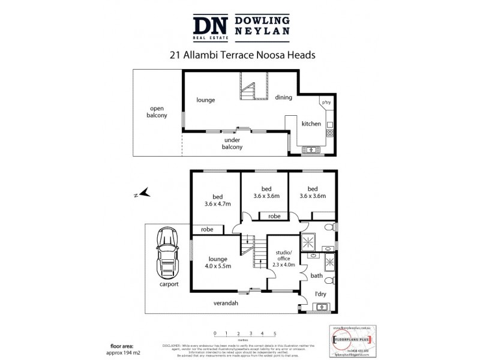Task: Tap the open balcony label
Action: [158, 112]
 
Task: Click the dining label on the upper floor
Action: [283, 97]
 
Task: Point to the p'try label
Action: [326, 103]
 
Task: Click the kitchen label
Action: [311, 124]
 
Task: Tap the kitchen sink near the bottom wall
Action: [312, 149]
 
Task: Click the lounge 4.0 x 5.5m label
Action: [218, 262]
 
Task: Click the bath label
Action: [316, 277]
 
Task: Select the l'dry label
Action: [320, 295]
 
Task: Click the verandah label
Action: [226, 304]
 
